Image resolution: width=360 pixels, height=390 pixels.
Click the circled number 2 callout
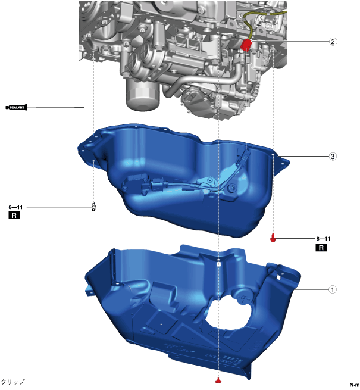tap(333, 41)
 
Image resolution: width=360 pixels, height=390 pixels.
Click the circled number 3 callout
tap(333, 156)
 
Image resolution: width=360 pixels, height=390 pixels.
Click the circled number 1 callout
tap(333, 289)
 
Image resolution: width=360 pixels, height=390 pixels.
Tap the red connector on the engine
tap(246, 45)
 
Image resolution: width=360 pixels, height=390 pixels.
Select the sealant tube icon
tap(17, 107)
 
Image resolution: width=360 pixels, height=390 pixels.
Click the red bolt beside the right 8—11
tap(273, 238)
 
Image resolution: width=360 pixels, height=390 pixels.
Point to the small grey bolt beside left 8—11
tap(94, 207)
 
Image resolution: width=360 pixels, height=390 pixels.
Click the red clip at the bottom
tap(218, 380)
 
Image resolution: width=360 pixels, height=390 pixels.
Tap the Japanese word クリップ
tap(13, 382)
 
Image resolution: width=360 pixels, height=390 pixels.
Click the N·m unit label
tap(354, 385)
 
